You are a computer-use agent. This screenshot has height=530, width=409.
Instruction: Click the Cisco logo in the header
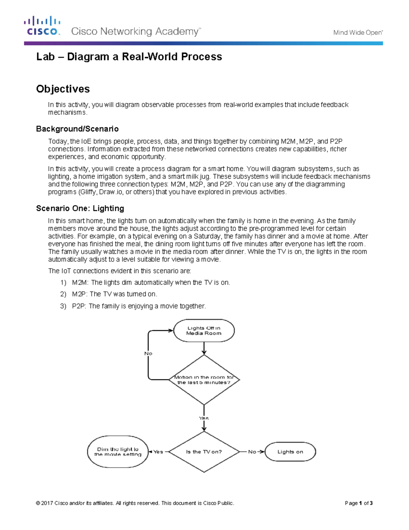tap(42, 26)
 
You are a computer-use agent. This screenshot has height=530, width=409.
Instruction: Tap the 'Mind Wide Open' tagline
tap(358, 33)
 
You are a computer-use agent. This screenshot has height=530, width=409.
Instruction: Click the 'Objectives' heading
tap(63, 89)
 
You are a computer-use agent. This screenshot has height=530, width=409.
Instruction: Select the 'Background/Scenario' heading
tap(77, 129)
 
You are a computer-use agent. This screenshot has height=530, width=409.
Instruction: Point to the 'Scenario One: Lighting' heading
tap(80, 209)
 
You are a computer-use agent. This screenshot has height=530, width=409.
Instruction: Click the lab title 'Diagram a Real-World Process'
tap(129, 57)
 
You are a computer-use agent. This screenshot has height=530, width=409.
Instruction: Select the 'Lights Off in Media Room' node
tap(204, 331)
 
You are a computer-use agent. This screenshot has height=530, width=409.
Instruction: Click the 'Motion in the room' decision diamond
tap(204, 380)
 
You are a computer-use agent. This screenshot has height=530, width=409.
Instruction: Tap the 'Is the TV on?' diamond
tap(204, 452)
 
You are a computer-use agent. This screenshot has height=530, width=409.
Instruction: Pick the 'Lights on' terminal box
tap(290, 452)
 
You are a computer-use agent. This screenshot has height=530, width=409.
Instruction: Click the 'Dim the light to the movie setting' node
tap(118, 452)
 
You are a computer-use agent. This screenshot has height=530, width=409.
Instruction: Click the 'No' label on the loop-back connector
tap(148, 354)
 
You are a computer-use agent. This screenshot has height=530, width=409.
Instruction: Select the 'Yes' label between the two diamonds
tap(204, 418)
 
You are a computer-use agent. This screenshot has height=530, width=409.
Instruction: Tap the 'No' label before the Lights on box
tap(252, 452)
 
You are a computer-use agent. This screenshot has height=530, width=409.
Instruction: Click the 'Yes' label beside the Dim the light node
tap(158, 452)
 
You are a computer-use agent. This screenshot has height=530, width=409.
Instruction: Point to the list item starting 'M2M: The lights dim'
tap(151, 283)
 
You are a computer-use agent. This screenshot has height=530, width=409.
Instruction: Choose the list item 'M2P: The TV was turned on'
tap(114, 294)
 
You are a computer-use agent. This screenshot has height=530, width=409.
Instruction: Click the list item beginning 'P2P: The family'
tap(139, 306)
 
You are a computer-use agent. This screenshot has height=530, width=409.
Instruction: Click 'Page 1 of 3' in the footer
tap(359, 503)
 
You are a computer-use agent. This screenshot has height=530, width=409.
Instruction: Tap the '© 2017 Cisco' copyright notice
tap(135, 503)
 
